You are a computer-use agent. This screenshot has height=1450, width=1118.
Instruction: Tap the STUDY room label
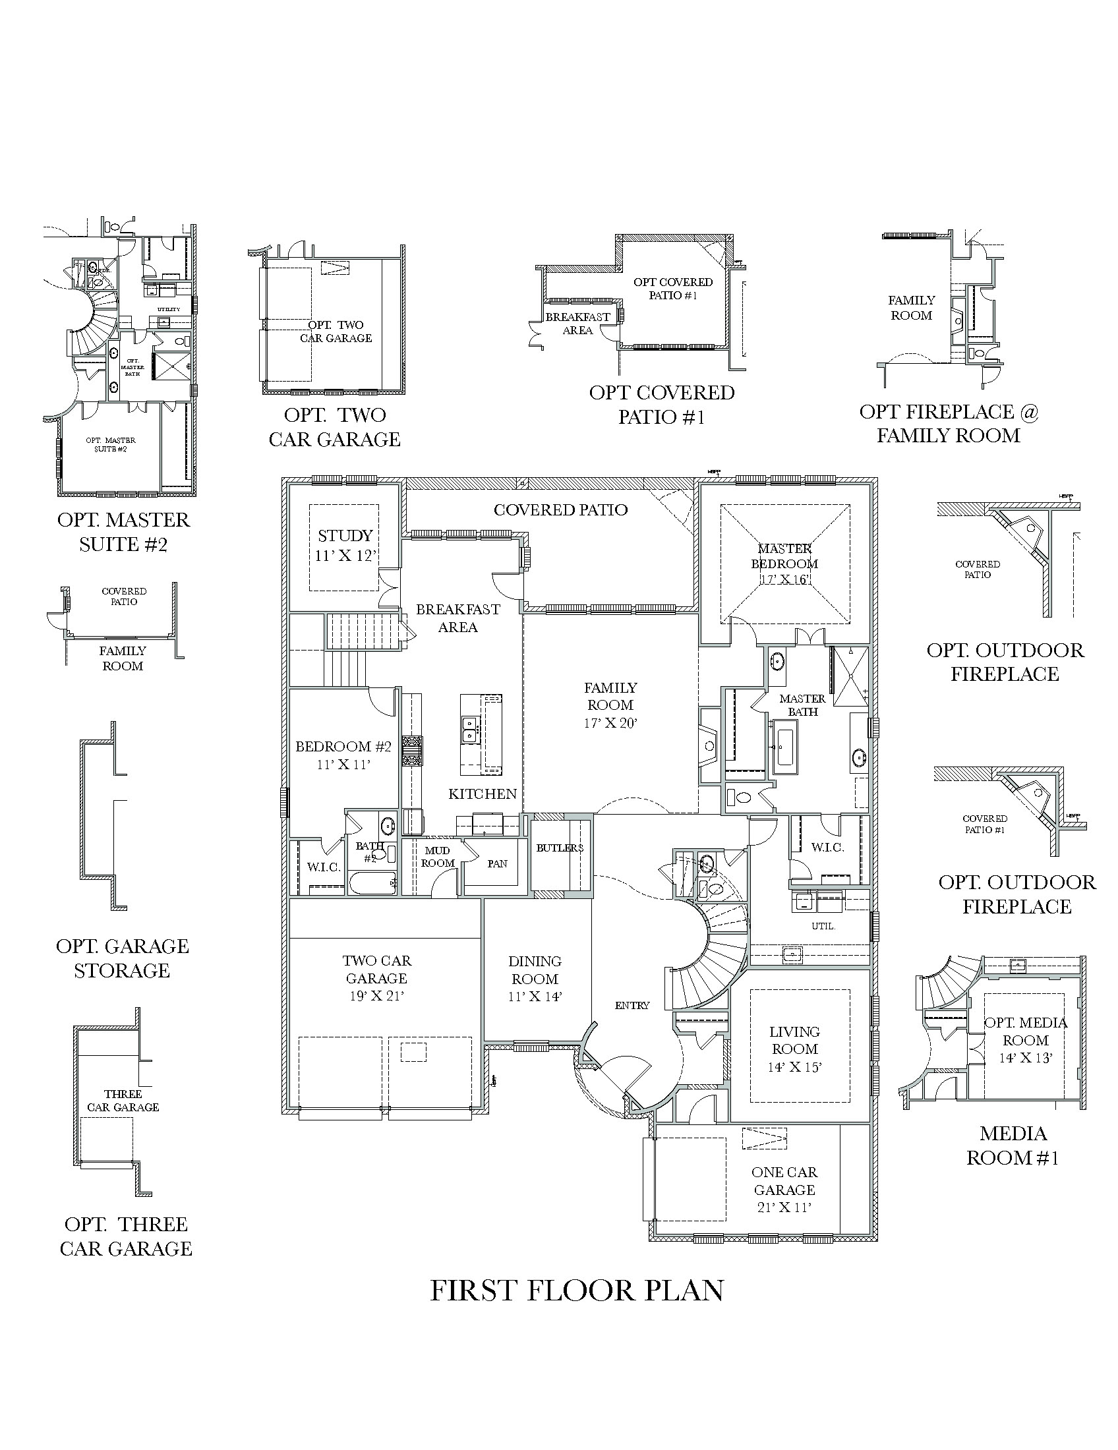345,535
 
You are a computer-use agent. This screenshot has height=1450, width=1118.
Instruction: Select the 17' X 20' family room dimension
610,723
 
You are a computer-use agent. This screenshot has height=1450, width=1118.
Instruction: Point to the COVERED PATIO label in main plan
560,510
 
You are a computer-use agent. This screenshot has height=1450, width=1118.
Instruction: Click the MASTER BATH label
802,705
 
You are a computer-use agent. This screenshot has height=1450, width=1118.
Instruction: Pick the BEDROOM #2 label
343,746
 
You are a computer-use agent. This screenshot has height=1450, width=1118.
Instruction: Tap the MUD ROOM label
437,856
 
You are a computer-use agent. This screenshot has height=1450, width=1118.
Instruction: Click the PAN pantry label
496,864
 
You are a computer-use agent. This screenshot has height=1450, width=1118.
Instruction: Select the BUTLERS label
560,848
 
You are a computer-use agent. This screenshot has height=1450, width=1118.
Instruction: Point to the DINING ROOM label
535,970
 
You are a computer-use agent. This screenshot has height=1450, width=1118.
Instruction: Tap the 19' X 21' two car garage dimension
376,996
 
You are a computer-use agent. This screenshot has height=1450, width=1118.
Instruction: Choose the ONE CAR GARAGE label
784,1181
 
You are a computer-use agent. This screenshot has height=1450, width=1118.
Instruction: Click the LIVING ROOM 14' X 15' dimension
795,1067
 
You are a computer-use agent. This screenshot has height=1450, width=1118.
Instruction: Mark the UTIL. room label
823,925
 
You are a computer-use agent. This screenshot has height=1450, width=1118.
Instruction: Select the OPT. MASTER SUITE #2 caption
123,532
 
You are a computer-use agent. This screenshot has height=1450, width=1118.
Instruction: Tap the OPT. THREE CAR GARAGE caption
125,1236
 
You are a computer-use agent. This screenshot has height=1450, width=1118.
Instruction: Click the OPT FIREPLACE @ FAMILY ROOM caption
948,424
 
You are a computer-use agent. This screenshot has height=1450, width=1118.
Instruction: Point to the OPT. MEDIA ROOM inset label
1025,1031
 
